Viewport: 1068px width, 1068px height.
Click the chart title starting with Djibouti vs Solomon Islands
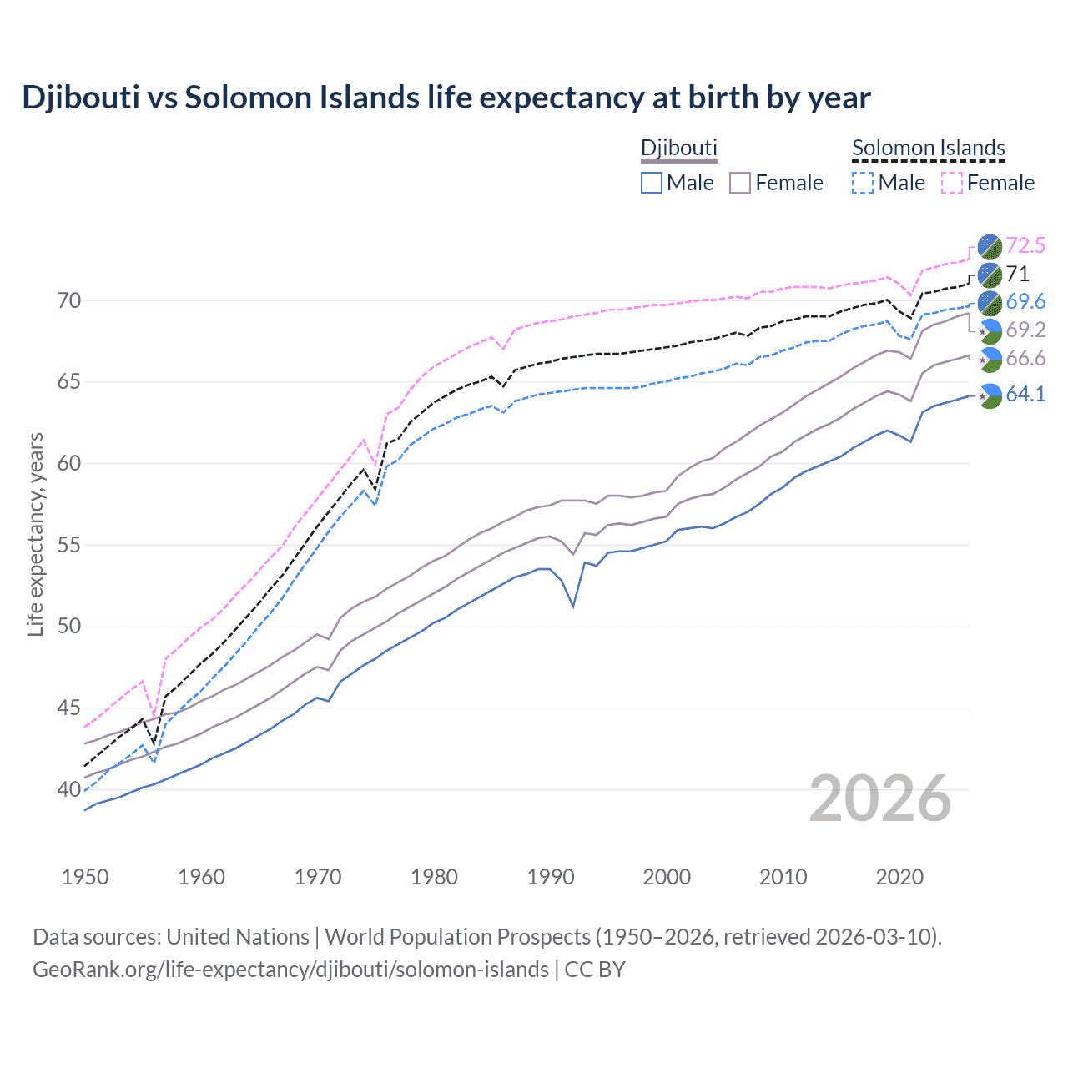[446, 98]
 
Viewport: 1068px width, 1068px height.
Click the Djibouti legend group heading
[678, 148]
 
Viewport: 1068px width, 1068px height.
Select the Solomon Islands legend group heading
[928, 148]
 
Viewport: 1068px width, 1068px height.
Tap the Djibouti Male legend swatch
[652, 183]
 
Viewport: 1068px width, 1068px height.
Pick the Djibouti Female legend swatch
[740, 183]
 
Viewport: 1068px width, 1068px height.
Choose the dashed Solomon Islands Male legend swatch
[863, 183]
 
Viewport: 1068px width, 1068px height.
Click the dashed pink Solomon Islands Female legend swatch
[951, 183]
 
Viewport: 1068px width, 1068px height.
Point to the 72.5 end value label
[1025, 245]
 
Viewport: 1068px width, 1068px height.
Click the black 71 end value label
[1017, 274]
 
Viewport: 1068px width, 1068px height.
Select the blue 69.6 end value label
[1025, 301]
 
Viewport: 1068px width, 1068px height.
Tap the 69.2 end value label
[1025, 330]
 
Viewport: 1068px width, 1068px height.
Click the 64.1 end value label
[1025, 394]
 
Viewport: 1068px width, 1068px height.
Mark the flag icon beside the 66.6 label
[990, 360]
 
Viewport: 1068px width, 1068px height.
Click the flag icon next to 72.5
[990, 246]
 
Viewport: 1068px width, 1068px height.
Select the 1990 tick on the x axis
[551, 877]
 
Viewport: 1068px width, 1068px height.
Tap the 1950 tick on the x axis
[86, 877]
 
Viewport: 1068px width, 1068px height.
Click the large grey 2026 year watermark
[880, 798]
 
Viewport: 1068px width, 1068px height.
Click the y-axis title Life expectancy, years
[35, 534]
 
